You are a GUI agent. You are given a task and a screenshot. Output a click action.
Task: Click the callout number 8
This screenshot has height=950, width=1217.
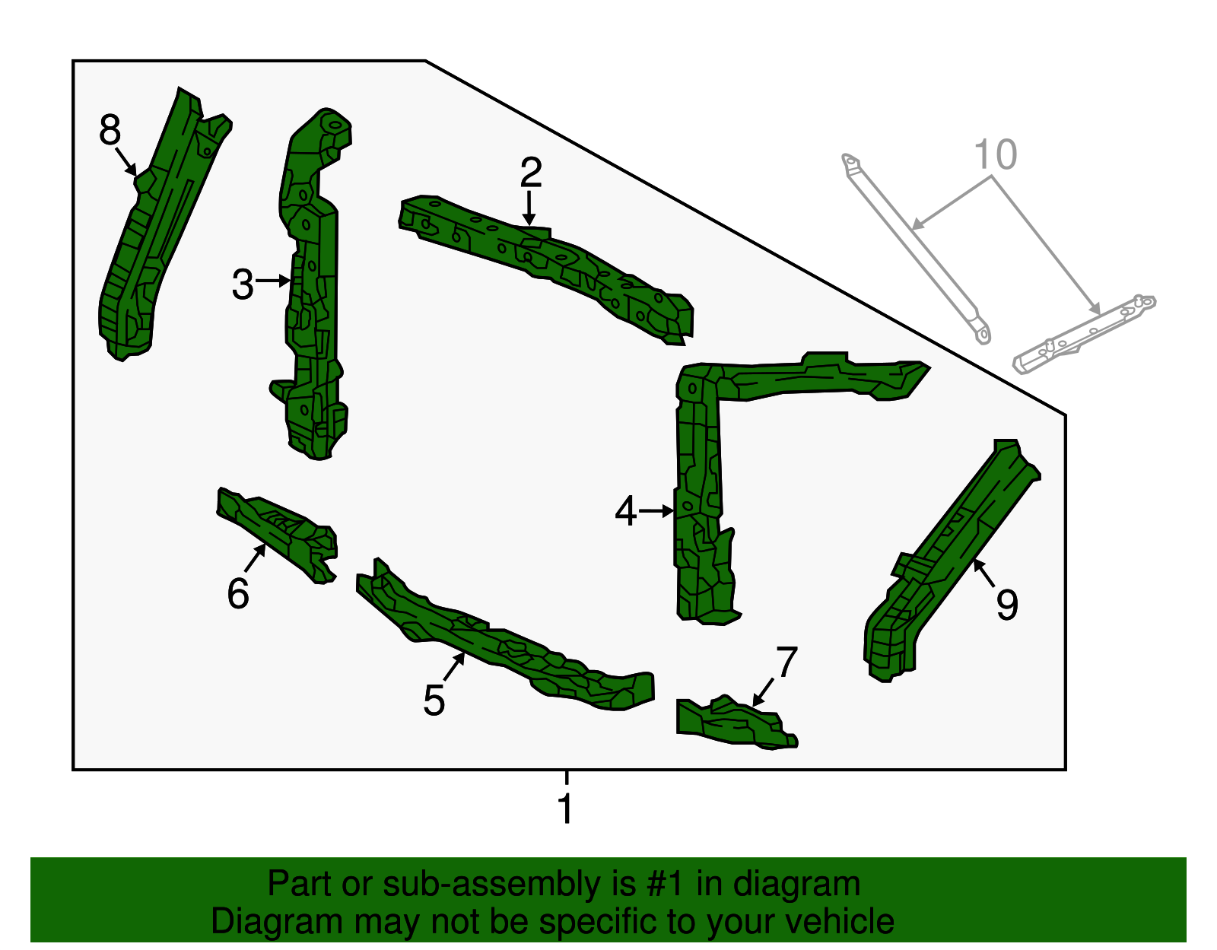[x=110, y=129]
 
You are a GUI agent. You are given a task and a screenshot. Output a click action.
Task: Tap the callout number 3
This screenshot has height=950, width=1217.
[x=243, y=284]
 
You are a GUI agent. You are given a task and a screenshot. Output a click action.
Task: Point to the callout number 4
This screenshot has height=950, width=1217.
[x=625, y=510]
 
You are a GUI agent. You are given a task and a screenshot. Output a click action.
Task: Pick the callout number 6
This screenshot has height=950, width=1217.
[x=238, y=593]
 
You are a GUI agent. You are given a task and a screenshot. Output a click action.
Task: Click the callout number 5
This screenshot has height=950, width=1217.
[x=434, y=700]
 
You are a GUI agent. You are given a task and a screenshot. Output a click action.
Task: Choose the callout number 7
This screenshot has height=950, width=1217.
[x=787, y=662]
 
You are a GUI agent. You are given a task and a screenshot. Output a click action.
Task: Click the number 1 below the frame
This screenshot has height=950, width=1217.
[x=566, y=808]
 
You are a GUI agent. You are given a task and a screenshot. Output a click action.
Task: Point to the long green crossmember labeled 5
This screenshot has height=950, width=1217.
[x=504, y=638]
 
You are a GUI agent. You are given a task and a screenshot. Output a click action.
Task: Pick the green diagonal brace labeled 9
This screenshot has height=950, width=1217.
[x=952, y=560]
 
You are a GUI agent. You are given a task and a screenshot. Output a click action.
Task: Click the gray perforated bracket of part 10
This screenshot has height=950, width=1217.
[x=1084, y=334]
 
